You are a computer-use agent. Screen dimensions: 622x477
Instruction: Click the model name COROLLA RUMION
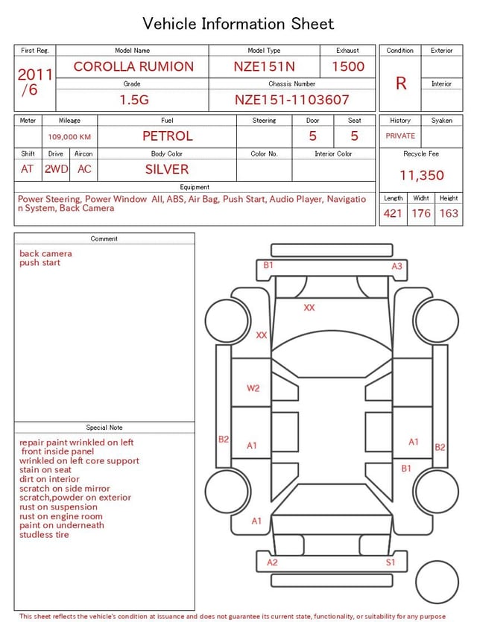133,66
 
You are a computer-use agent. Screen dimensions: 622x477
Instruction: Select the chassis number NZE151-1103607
291,100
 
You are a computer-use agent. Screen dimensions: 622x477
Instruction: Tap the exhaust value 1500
348,66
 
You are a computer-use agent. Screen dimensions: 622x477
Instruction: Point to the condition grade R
401,83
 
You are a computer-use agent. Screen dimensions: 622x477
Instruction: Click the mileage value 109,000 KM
69,137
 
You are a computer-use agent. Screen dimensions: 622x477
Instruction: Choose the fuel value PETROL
167,136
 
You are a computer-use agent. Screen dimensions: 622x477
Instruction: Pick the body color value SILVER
167,169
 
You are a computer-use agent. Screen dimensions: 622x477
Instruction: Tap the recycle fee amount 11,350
421,176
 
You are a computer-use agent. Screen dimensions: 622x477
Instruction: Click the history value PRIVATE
400,136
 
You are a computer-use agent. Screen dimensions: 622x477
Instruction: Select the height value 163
449,214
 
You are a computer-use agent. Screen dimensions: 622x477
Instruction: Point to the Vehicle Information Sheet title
238,24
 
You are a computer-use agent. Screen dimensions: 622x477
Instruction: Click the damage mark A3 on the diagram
397,266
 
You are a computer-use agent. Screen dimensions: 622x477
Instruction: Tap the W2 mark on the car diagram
253,388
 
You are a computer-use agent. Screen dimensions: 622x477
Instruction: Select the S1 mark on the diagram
391,562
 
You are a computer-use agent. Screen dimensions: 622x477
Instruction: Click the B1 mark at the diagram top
268,265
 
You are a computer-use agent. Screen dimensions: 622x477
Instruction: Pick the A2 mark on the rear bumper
272,562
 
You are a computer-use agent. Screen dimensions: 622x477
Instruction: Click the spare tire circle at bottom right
437,582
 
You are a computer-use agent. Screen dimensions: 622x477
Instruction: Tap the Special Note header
104,428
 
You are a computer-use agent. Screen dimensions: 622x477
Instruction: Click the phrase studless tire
44,535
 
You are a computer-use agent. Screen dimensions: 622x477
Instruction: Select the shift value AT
28,169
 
